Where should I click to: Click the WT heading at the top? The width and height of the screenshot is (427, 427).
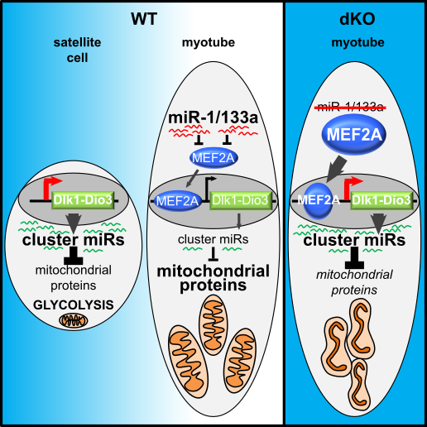tap(144, 19)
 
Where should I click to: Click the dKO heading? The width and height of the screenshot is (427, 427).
tap(357, 19)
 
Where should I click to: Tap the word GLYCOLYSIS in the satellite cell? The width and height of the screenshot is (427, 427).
tap(74, 305)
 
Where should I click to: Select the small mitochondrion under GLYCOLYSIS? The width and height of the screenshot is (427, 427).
tap(74, 320)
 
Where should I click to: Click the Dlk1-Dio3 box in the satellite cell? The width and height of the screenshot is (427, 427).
tap(83, 199)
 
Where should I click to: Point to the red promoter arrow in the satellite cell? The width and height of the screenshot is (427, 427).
tap(50, 188)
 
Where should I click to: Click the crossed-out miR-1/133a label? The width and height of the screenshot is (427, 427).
tap(350, 107)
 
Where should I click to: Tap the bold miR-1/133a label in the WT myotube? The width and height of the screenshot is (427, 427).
tap(213, 118)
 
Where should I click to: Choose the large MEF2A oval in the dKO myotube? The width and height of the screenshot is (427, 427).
tap(354, 135)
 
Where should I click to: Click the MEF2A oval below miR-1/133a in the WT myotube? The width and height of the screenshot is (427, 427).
tap(213, 158)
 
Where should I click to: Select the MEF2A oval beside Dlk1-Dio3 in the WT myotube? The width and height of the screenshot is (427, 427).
tap(177, 201)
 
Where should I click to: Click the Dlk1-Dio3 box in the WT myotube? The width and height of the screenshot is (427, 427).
tap(240, 200)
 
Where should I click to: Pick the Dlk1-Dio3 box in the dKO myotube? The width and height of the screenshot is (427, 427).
tap(381, 200)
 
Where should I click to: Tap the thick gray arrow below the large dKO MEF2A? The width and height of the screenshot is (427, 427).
tap(336, 170)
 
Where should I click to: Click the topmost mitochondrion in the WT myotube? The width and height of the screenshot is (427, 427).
tap(213, 324)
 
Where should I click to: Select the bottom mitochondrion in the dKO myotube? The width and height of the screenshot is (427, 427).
tap(359, 385)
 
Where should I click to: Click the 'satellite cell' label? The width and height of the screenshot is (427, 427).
tap(77, 50)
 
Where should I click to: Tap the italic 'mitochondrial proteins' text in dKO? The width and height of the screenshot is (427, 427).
tap(354, 282)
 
